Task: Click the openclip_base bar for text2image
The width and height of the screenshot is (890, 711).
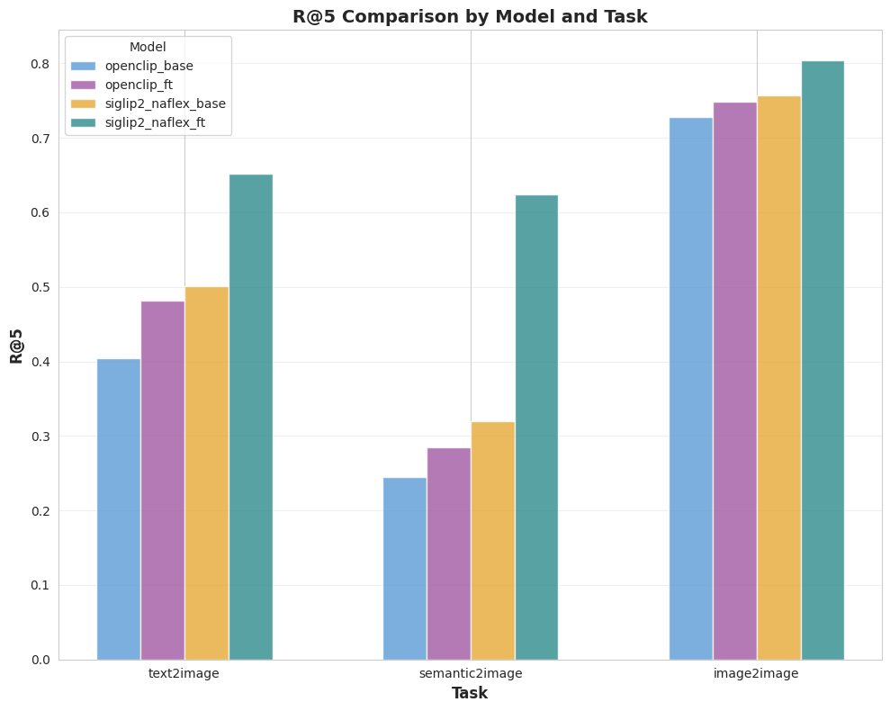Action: point(119,509)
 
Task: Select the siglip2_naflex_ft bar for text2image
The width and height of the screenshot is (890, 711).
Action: point(251,417)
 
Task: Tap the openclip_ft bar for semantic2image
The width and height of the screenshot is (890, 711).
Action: point(449,553)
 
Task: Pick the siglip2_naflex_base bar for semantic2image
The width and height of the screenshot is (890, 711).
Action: point(493,541)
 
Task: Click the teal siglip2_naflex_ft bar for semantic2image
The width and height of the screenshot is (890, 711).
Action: point(536,427)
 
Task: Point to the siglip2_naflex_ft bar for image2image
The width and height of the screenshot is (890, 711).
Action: point(823,360)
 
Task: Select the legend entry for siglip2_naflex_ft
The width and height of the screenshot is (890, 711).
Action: point(155,122)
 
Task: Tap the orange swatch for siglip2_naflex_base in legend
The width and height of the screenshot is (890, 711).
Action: point(83,103)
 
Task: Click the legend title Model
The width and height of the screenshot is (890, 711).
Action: point(148,47)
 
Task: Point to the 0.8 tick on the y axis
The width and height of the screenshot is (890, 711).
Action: point(39,64)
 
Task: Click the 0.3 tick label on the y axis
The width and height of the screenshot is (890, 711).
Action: point(39,436)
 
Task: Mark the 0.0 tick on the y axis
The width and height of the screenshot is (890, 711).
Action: point(39,660)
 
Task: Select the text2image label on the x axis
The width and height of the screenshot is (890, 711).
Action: point(184,673)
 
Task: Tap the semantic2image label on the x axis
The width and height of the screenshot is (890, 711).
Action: point(471,673)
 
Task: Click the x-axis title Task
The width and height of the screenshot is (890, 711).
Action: point(470,693)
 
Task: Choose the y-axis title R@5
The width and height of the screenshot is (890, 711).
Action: point(17,345)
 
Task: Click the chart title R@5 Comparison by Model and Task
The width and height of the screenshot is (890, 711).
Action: point(470,16)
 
